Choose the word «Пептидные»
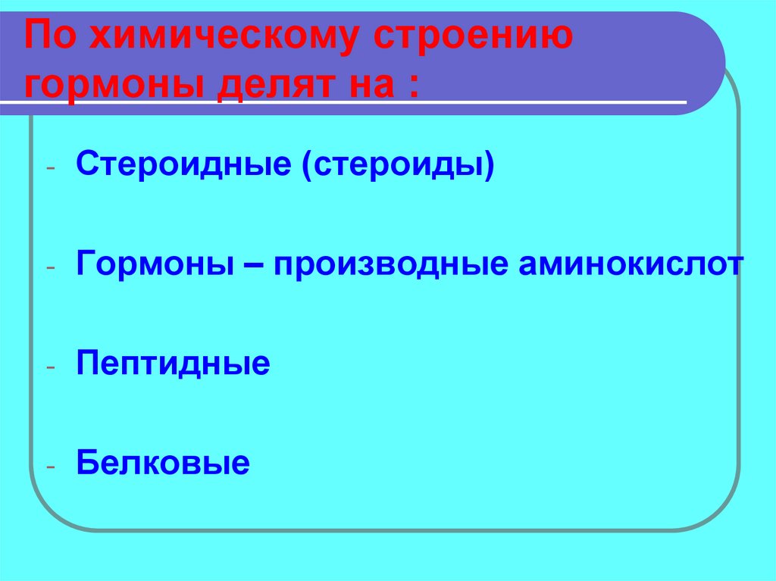tap(173, 364)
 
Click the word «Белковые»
tap(163, 461)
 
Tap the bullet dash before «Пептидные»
tap(50, 367)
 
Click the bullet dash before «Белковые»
tap(50, 467)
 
